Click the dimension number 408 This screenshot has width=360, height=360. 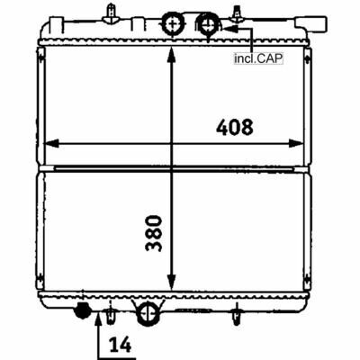click(235, 127)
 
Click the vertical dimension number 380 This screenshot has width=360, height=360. click(154, 233)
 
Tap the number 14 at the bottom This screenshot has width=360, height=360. click(120, 345)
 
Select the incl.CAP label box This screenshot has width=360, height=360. click(258, 58)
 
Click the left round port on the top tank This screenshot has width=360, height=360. click(173, 23)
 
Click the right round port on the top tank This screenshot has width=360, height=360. click(207, 24)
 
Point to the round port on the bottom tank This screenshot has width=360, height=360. click(148, 313)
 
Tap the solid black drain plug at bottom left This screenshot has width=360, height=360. click(82, 310)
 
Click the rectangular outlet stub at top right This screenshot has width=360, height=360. click(311, 24)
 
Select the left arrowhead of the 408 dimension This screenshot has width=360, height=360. click(51, 143)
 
